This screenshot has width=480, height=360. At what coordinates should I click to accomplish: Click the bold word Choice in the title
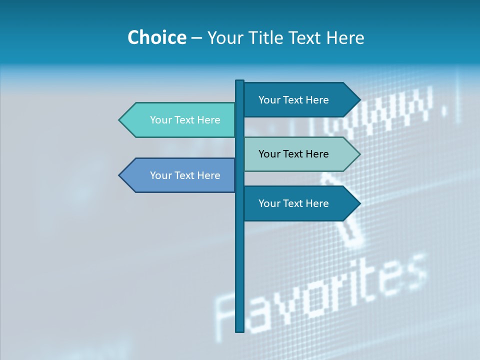tap(156, 37)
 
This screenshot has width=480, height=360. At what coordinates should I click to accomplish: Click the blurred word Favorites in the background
tap(320, 295)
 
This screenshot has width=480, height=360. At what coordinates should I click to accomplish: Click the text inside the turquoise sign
tap(185, 120)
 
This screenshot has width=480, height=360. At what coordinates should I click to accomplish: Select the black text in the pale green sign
tap(293, 154)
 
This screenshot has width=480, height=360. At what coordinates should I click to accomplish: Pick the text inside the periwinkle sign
tap(185, 175)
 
